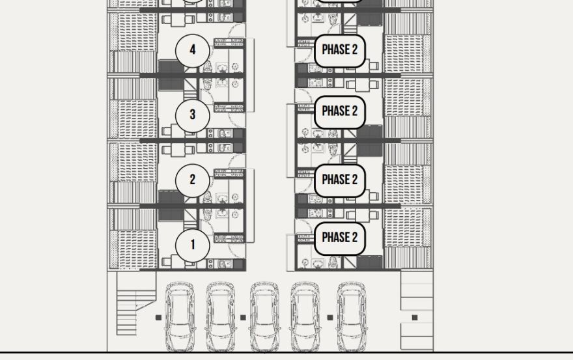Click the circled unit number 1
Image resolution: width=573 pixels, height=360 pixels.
[193, 245]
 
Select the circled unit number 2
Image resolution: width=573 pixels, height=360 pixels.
[193, 180]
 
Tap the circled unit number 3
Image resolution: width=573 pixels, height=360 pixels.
[193, 115]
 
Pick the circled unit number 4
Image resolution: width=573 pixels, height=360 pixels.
[193, 49]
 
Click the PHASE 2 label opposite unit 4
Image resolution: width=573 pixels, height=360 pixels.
[339, 50]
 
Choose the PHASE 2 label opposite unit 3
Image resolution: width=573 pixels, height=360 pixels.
[339, 111]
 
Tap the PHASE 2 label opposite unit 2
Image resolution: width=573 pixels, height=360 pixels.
[339, 180]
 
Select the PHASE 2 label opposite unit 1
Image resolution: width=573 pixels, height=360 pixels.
[339, 238]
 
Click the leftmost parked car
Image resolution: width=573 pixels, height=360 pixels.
[180, 317]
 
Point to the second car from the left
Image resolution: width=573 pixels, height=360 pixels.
[221, 317]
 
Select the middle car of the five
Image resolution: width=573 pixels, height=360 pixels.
[265, 317]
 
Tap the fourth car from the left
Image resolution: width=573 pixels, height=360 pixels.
[305, 317]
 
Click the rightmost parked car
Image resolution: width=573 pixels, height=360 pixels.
[352, 317]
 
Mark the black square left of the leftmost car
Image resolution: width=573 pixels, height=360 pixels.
[158, 318]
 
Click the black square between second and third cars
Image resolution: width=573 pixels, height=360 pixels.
[243, 318]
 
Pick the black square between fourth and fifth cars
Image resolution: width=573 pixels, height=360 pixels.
[329, 318]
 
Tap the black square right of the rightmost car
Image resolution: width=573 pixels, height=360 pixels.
[415, 318]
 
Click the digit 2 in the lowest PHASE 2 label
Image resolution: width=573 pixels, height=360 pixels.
[354, 238]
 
